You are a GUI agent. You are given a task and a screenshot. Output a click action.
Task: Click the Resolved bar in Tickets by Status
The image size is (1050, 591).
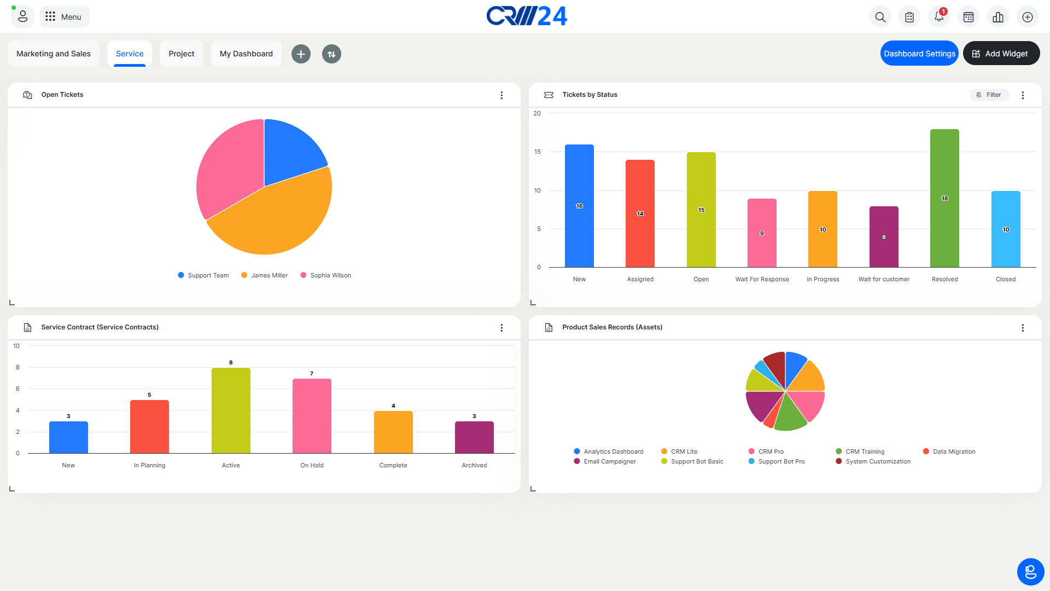coord(944,198)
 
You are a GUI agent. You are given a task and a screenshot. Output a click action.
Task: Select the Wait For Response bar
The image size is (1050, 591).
coord(762,233)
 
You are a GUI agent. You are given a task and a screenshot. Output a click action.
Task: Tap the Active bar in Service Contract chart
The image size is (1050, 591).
coord(231,410)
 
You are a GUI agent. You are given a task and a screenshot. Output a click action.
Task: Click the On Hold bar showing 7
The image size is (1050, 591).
coord(312,416)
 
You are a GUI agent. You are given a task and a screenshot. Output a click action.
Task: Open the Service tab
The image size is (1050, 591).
coord(130,54)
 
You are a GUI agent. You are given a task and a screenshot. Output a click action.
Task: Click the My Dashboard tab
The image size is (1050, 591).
coord(246,54)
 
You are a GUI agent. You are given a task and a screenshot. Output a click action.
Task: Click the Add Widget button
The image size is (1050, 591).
coord(1001,54)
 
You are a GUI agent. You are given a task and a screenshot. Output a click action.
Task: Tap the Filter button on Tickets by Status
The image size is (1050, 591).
coord(989,95)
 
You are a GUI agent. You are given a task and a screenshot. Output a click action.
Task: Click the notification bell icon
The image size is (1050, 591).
coord(939,17)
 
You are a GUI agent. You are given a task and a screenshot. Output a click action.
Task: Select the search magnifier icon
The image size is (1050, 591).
coord(880,17)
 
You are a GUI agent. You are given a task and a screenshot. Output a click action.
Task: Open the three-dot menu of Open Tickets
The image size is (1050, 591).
coord(501,95)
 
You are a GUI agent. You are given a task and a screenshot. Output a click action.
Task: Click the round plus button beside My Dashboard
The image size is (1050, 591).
coord(301,54)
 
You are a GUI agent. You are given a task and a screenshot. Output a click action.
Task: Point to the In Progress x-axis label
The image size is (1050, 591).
coord(822,279)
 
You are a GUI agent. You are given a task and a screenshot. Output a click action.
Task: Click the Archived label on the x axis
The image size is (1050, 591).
coord(474,465)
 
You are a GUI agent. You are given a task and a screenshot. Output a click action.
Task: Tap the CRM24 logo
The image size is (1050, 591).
coord(527,16)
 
